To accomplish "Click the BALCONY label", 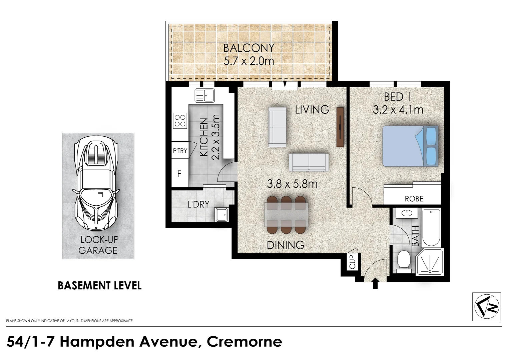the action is click(249, 48).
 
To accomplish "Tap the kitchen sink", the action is click(204, 95).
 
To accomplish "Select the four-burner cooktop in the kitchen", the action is click(180, 121).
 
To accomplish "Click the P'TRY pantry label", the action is click(180, 151).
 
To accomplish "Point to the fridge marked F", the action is click(179, 174).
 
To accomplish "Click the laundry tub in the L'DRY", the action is click(221, 214).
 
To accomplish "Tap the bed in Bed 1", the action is click(410, 146).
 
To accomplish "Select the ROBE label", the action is click(414, 199).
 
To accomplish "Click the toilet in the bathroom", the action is click(404, 263).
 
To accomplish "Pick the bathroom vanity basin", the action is click(408, 213).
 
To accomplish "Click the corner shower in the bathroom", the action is click(430, 262).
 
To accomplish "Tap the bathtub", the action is click(431, 228).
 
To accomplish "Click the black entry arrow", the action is click(375, 284).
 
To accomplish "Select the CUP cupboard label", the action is click(352, 262).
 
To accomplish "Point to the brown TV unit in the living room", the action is click(340, 127).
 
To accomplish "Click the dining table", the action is click(286, 215).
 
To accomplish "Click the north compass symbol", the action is click(487, 307).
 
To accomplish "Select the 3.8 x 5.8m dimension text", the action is click(292, 184).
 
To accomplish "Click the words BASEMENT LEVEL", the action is click(99, 286).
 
